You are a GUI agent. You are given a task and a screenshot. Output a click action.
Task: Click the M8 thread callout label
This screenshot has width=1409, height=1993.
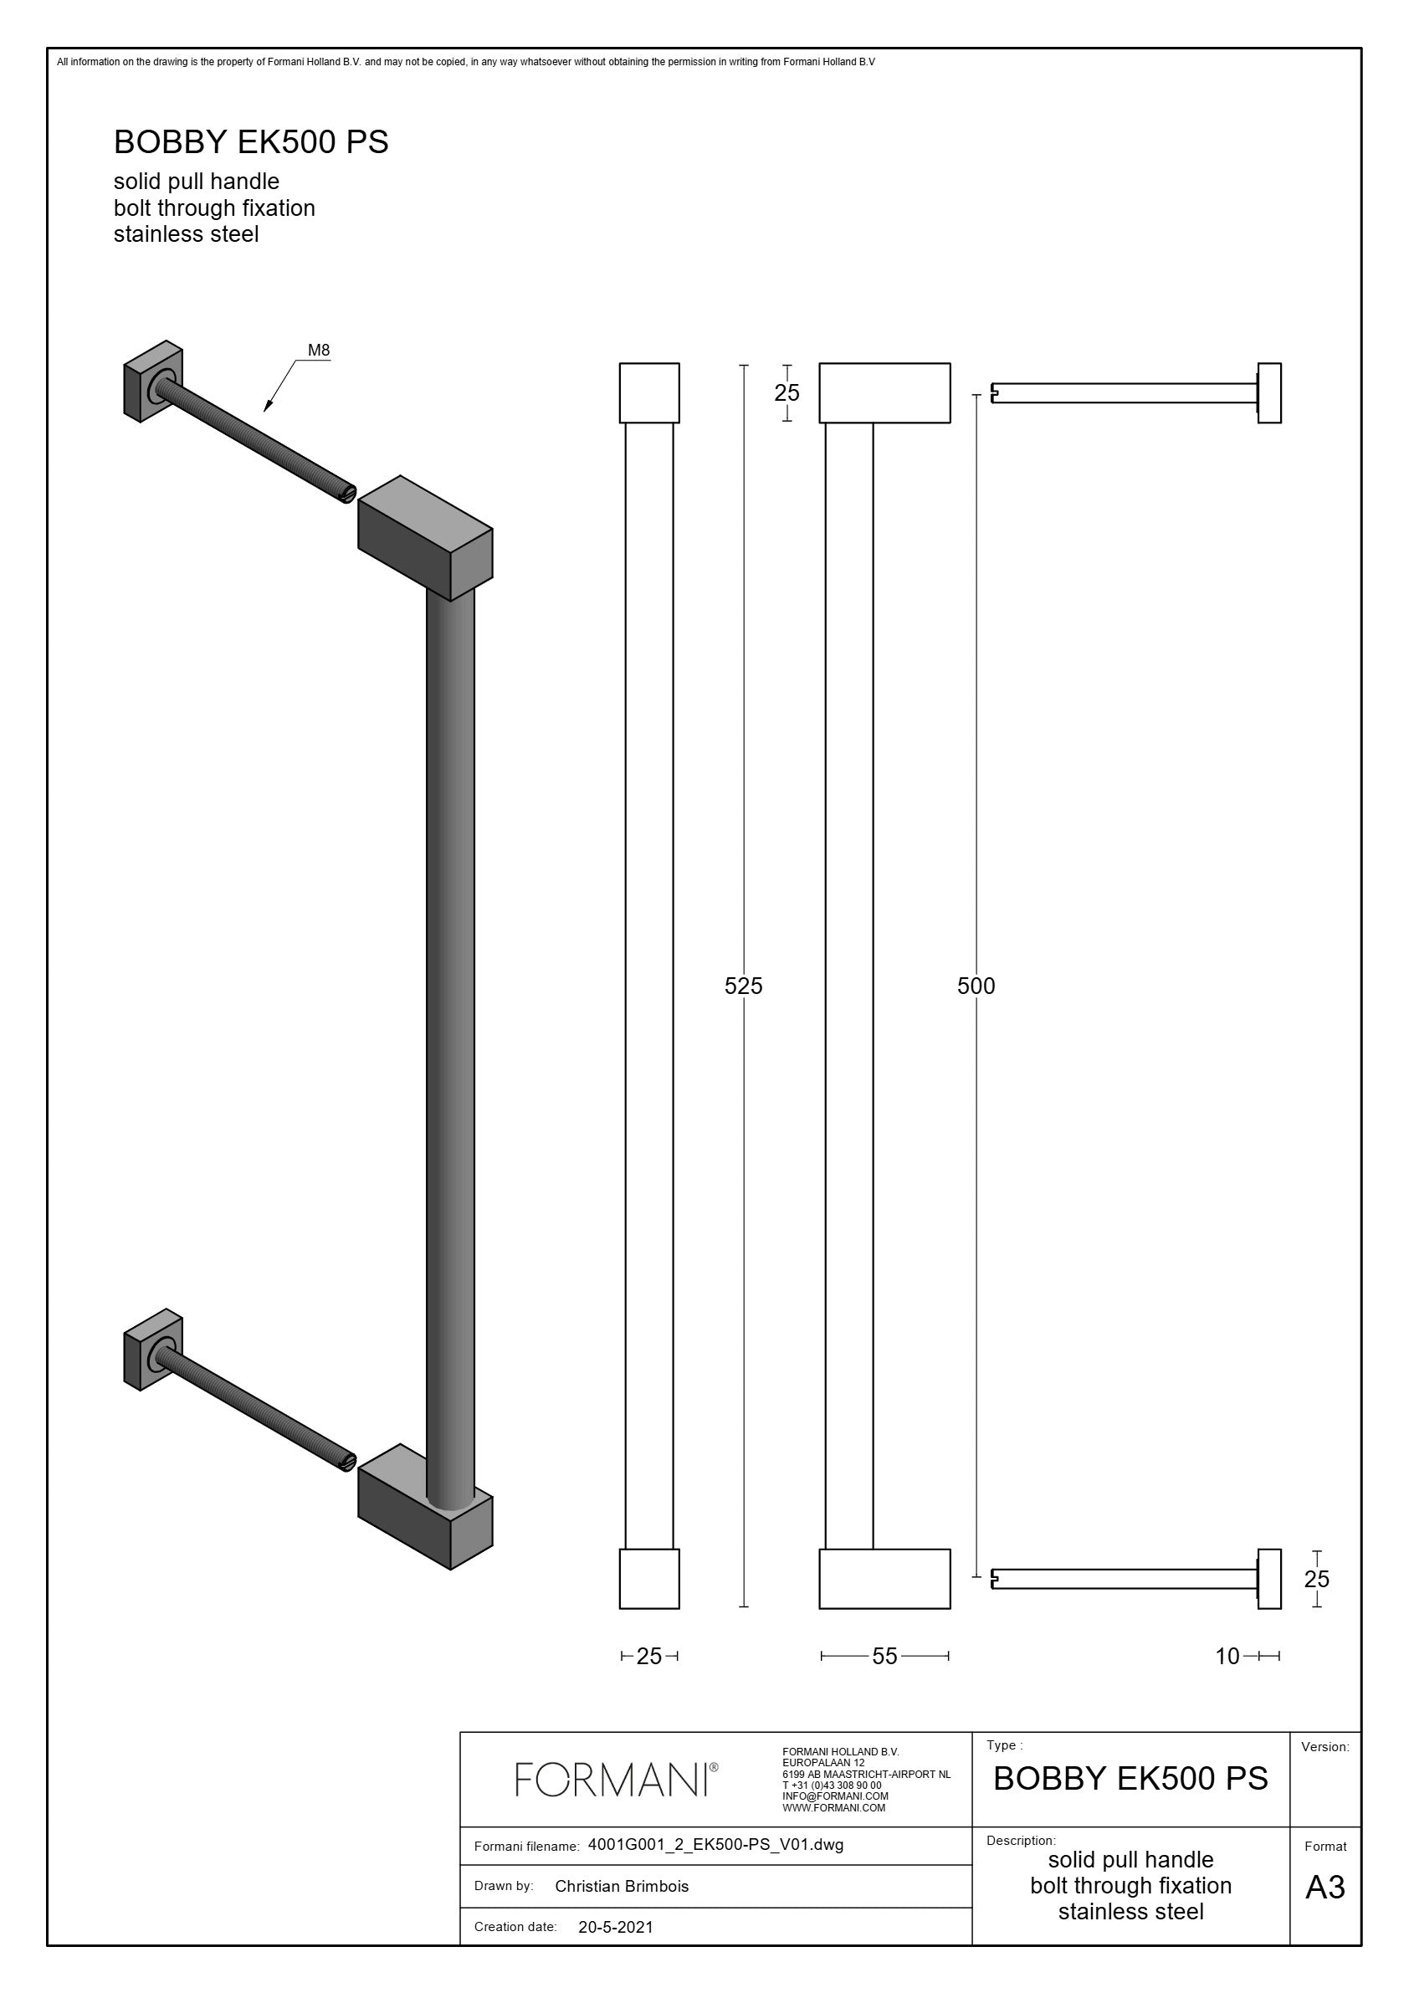point(319,351)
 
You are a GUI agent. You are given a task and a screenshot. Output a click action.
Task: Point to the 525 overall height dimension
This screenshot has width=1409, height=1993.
point(743,986)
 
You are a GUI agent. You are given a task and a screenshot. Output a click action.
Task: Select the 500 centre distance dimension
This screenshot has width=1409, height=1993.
point(976,986)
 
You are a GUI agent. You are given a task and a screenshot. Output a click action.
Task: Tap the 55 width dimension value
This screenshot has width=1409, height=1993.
point(884,1656)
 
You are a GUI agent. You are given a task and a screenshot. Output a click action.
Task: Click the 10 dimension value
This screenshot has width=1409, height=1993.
point(1227,1656)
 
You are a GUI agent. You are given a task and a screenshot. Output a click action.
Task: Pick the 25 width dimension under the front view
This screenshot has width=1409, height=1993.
point(649,1656)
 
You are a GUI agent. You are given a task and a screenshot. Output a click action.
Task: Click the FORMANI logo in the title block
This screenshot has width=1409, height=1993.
point(617,1780)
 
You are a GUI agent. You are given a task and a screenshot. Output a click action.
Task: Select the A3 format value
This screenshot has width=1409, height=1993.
point(1324,1887)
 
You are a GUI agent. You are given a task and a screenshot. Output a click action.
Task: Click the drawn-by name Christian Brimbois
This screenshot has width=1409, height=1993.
point(622,1886)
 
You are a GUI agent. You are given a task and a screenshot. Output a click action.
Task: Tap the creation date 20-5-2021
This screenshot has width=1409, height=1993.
point(616,1927)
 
